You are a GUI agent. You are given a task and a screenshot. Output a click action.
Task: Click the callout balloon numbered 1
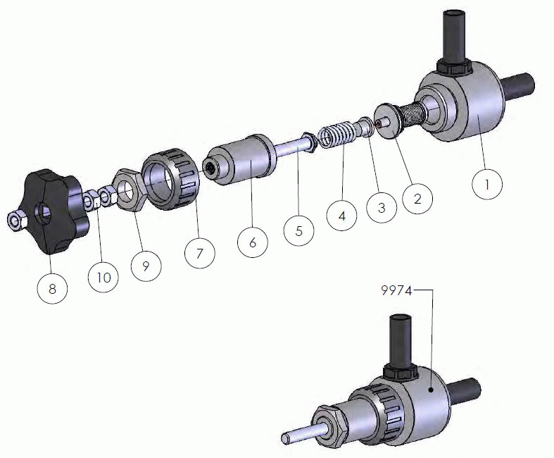(x=487, y=185)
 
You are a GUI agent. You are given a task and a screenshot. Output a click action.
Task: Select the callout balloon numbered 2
(x=417, y=199)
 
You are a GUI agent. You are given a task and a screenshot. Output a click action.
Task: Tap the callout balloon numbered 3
(x=382, y=208)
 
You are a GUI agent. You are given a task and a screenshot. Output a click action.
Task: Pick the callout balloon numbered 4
(x=341, y=216)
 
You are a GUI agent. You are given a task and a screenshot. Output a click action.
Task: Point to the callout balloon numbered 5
(x=299, y=230)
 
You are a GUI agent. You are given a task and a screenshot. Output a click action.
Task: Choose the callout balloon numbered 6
(x=252, y=242)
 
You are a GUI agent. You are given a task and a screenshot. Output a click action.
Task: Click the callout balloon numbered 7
(x=200, y=253)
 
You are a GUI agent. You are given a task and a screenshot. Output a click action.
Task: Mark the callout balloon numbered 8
(x=52, y=289)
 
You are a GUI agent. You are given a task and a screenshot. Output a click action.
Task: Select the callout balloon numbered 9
(x=146, y=266)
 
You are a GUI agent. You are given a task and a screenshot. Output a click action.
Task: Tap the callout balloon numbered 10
(x=103, y=278)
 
